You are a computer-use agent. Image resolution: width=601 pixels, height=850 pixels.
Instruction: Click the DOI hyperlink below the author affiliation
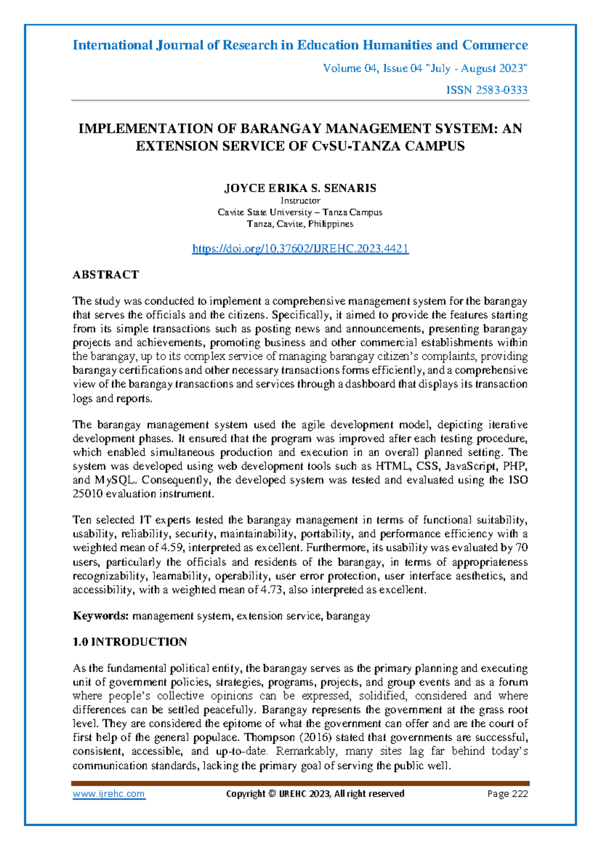tap(300, 249)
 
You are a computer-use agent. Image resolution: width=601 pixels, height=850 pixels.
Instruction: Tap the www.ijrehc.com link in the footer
tap(109, 794)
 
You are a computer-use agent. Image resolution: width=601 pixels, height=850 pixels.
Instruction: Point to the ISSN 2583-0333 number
tap(487, 90)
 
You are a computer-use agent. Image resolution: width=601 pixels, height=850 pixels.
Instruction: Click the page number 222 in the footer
tap(519, 794)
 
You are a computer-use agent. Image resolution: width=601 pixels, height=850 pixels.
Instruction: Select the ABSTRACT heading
tap(106, 275)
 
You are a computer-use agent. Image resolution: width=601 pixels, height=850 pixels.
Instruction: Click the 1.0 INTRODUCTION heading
tap(130, 642)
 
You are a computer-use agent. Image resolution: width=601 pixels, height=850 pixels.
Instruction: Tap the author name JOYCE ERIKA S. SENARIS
tap(300, 188)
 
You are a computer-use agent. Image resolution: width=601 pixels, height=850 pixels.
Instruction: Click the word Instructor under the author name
tap(300, 200)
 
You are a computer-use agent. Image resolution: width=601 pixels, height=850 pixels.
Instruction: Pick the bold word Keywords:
tap(101, 616)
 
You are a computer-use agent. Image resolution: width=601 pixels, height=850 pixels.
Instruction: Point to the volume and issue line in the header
tap(425, 69)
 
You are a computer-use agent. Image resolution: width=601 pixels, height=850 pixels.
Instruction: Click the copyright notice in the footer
tap(315, 794)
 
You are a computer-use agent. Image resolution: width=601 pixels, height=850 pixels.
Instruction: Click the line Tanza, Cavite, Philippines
tap(300, 224)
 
